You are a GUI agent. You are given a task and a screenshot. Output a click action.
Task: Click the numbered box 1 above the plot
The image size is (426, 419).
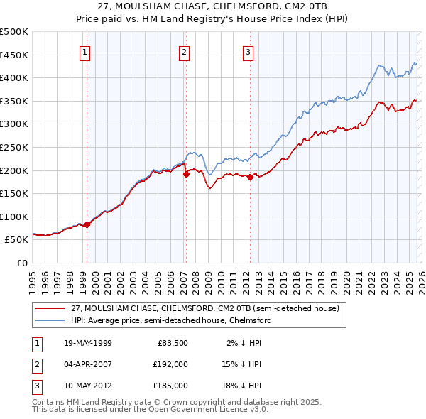[84, 51]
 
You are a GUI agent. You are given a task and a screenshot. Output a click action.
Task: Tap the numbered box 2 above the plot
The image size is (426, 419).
[184, 51]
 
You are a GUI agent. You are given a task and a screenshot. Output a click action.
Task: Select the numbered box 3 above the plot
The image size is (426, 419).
[248, 51]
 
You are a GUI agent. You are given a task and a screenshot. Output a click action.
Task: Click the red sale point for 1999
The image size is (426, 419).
[87, 224]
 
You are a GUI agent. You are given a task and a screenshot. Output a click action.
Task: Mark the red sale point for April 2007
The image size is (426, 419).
[186, 173]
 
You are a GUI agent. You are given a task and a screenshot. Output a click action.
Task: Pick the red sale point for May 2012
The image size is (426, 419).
[250, 177]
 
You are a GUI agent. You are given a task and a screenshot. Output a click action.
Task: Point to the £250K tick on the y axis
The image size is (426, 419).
[14, 147]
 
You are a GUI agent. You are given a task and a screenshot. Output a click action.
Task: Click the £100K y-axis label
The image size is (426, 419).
[14, 217]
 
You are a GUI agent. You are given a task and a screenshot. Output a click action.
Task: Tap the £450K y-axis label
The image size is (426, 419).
[14, 55]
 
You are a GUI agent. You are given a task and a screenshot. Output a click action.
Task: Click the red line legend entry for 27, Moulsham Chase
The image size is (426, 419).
[206, 308]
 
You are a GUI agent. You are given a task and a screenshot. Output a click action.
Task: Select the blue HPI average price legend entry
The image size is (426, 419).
[171, 320]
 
